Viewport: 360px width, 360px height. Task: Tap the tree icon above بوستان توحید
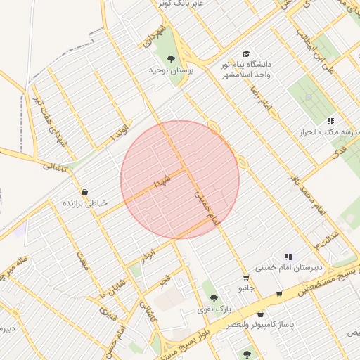point(171,59)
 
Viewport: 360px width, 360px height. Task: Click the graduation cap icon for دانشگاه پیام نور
point(245,54)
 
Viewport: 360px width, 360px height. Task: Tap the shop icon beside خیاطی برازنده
point(85,192)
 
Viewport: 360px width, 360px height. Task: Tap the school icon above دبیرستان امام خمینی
point(288,257)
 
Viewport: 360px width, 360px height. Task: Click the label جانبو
point(245,288)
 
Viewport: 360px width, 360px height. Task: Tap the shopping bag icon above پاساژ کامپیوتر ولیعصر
point(262,314)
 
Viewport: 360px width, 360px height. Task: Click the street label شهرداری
point(153,43)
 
